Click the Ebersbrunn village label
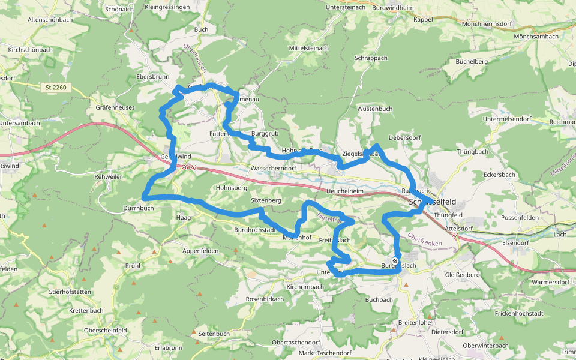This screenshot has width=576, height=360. [153, 77]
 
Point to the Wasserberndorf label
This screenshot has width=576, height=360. [274, 169]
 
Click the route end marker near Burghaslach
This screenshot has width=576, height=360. [395, 261]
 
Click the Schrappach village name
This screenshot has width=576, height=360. [371, 58]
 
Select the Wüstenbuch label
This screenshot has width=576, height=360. [374, 109]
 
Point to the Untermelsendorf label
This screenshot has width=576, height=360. [506, 119]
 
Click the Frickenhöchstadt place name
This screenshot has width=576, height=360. [519, 313]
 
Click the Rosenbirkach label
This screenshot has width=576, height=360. [265, 299]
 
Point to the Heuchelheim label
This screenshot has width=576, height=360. [346, 191]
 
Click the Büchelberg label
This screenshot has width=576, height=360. [472, 61]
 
